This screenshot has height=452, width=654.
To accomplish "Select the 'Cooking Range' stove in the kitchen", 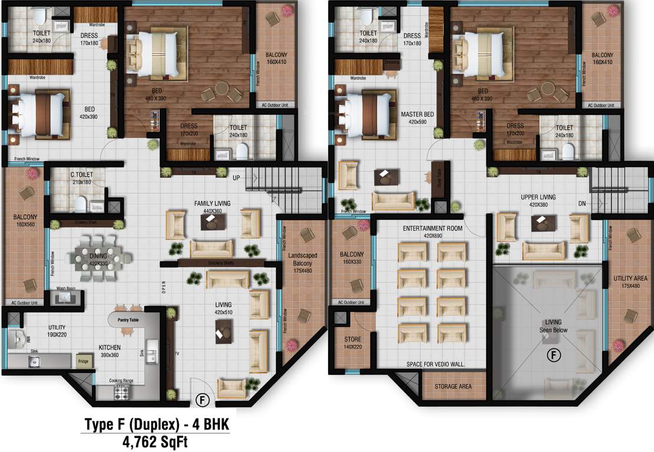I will tap(124, 390).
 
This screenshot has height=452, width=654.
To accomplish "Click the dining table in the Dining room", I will tap(98, 257).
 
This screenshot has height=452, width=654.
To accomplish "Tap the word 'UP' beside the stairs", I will tap(236, 177).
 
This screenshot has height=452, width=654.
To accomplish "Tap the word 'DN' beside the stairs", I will tap(582, 203).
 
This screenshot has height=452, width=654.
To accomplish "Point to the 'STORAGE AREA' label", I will tap(452, 387).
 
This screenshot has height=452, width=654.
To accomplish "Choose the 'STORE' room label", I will tap(354, 339).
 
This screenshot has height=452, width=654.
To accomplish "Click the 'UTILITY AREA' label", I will tap(626, 278).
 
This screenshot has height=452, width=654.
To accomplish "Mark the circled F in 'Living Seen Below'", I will tap(553, 355).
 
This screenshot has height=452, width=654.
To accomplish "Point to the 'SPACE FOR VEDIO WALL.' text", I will tap(436, 364).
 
